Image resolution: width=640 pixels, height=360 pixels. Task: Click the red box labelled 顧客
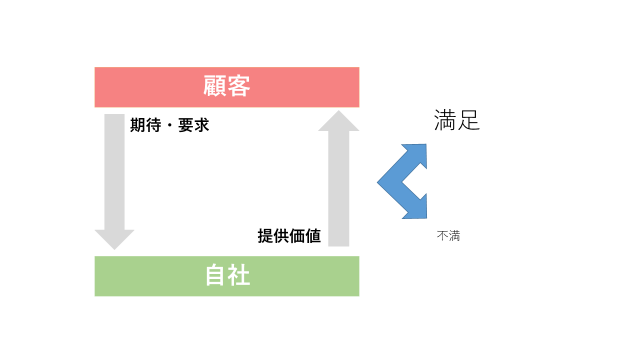[x=227, y=87]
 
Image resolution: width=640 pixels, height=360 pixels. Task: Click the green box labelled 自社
[x=227, y=276]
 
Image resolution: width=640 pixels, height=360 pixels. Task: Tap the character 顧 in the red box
[x=215, y=86]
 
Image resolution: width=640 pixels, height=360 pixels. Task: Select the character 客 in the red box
[x=239, y=86]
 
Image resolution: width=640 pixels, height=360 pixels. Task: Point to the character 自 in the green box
[x=216, y=275]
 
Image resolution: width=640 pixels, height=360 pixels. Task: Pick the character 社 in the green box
[x=239, y=275]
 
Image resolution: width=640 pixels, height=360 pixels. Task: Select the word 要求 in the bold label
[x=193, y=125]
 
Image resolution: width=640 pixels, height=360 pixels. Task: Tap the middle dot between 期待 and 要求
[x=170, y=125]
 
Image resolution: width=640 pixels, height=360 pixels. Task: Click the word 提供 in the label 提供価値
[x=273, y=236]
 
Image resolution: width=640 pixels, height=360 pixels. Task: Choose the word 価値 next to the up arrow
[x=305, y=236]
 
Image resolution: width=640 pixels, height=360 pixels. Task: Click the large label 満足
[x=457, y=120]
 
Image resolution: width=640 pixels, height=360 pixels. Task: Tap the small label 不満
[x=448, y=236]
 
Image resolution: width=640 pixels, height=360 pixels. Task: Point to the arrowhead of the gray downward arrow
[x=115, y=240]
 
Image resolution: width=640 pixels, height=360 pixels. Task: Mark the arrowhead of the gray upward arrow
[x=339, y=121]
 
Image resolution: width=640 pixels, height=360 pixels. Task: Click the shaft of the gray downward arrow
[x=115, y=172]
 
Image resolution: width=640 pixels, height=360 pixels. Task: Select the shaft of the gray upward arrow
[x=339, y=189]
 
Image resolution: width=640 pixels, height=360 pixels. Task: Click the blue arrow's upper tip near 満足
[x=426, y=144]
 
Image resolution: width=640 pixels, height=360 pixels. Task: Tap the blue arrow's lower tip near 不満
[x=426, y=218]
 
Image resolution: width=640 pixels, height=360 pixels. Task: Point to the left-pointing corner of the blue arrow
[x=378, y=182]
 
